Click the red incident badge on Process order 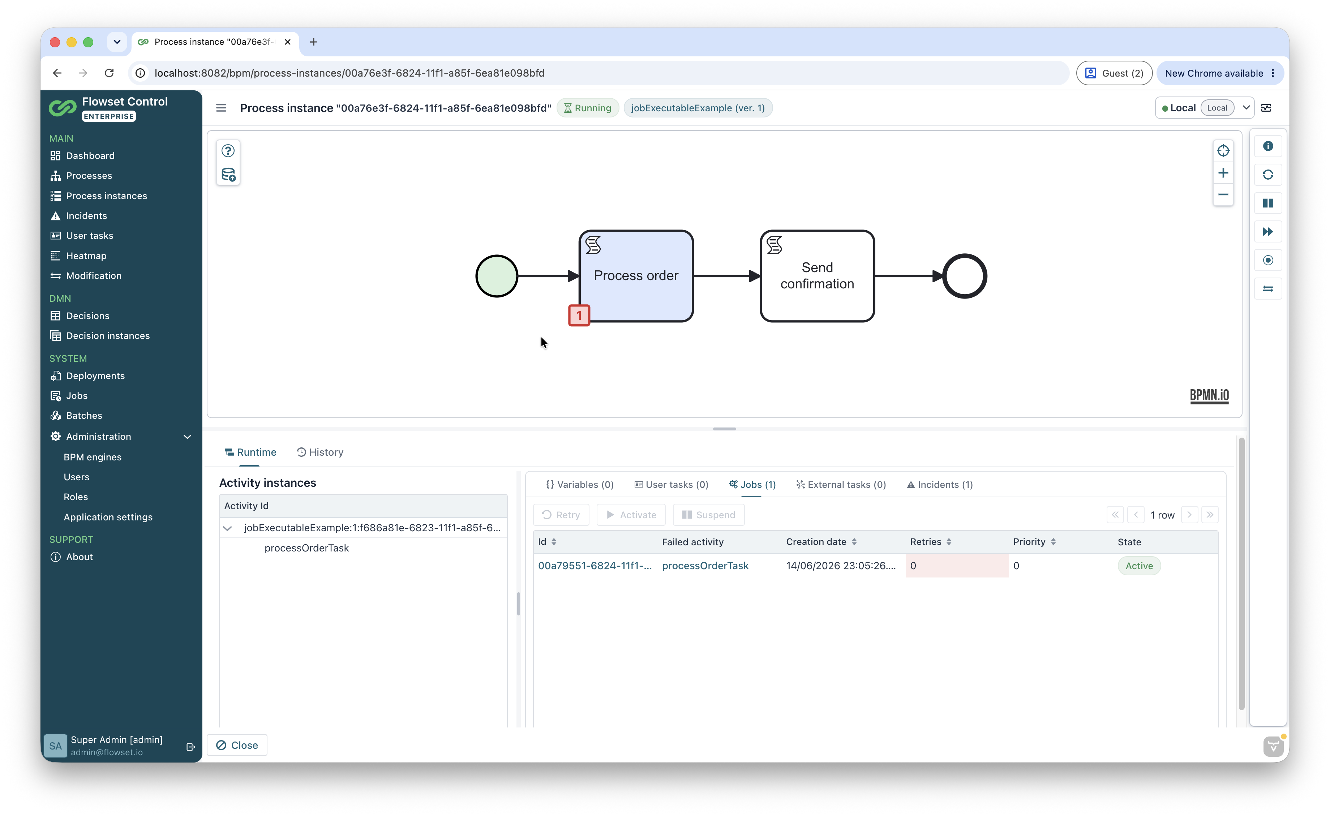(x=579, y=315)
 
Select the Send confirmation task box (x=817, y=276)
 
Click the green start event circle (x=497, y=276)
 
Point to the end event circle (x=965, y=276)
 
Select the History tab (x=320, y=452)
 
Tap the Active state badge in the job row (x=1139, y=566)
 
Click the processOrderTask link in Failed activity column (x=705, y=566)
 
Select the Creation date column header (x=816, y=542)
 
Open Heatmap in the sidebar (x=86, y=256)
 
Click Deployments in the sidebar (x=95, y=375)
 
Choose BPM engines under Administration (x=92, y=457)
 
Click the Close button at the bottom (x=237, y=745)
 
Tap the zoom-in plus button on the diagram (x=1223, y=173)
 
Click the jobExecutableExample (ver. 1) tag (x=698, y=108)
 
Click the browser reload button (x=109, y=73)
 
